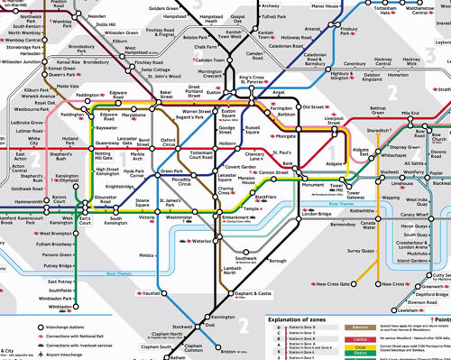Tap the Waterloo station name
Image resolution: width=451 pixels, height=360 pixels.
[x=200, y=242]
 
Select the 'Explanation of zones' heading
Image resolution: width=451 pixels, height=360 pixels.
[x=306, y=320]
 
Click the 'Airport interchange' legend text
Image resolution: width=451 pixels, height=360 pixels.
[x=71, y=355]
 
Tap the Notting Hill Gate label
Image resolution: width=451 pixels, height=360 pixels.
[x=107, y=155]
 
